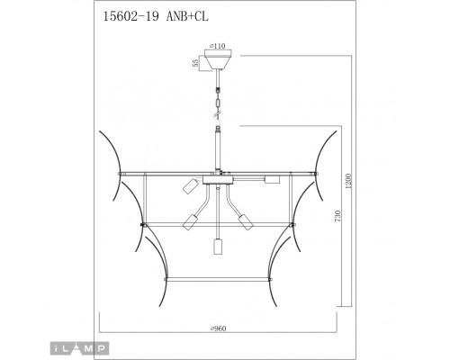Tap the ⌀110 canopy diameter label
[216, 43]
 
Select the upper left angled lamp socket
[190, 185]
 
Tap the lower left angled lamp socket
[191, 222]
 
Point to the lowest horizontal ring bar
[216, 278]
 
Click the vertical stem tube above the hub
[216, 148]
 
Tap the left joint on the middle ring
[142, 220]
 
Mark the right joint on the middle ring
[290, 220]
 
